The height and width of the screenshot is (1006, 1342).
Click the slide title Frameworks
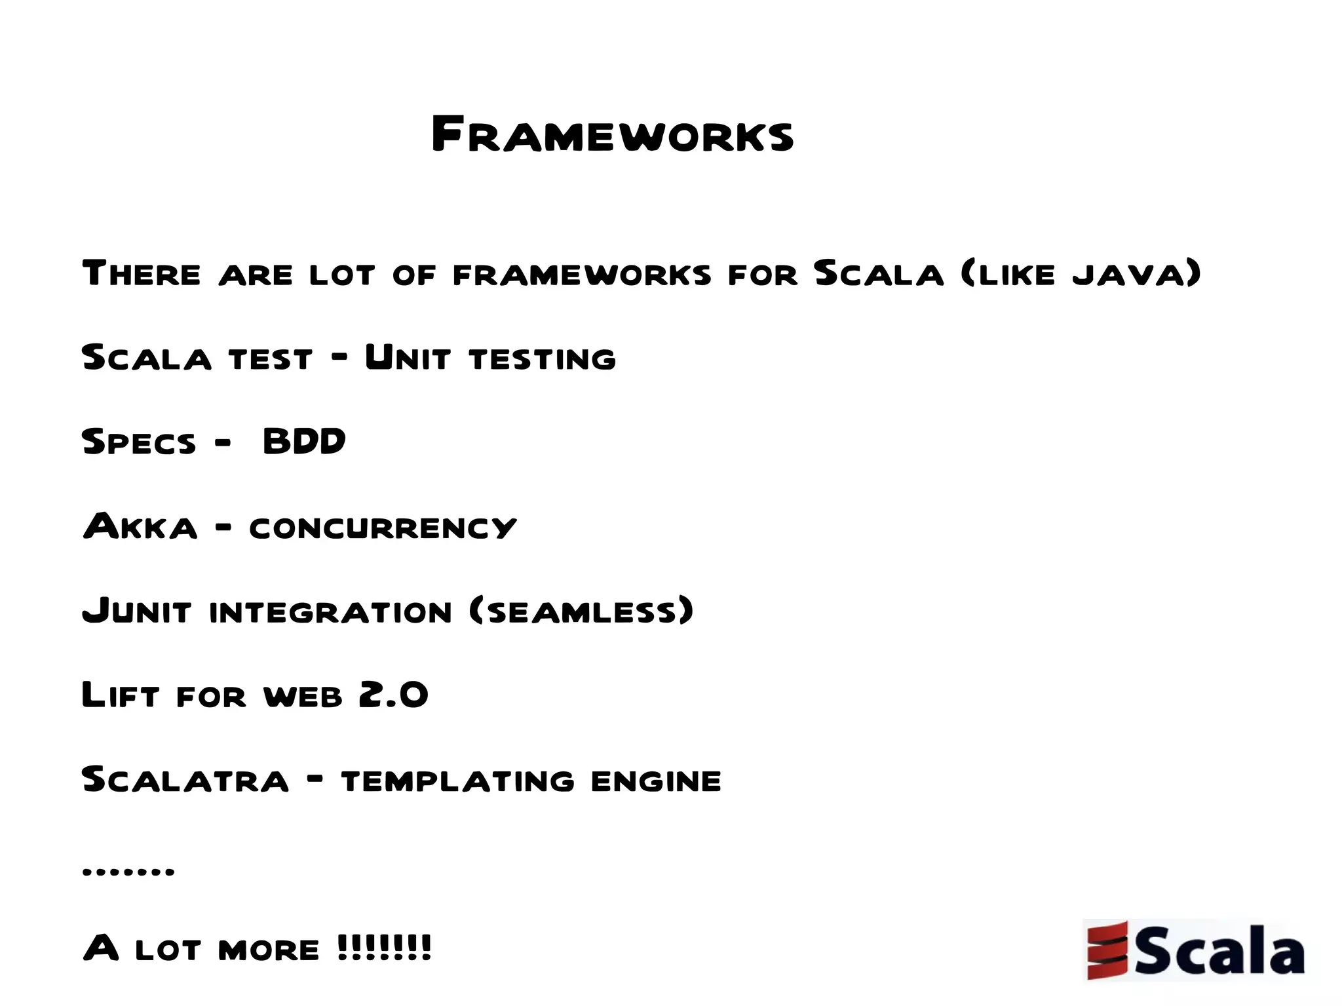click(613, 134)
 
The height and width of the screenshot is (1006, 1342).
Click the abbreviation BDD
click(304, 441)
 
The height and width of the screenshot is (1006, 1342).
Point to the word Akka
click(140, 526)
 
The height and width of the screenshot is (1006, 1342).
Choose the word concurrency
click(383, 528)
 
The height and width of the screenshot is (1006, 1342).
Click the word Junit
click(136, 611)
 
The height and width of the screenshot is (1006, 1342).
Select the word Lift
click(121, 695)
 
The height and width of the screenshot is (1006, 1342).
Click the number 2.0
click(393, 695)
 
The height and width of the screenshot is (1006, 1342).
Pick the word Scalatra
click(185, 779)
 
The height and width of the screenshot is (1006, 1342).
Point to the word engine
click(656, 781)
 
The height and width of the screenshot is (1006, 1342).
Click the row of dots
click(128, 872)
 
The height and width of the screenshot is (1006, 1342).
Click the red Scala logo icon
click(1107, 950)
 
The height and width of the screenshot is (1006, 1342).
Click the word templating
click(457, 781)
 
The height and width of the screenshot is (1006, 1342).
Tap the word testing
click(543, 359)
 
